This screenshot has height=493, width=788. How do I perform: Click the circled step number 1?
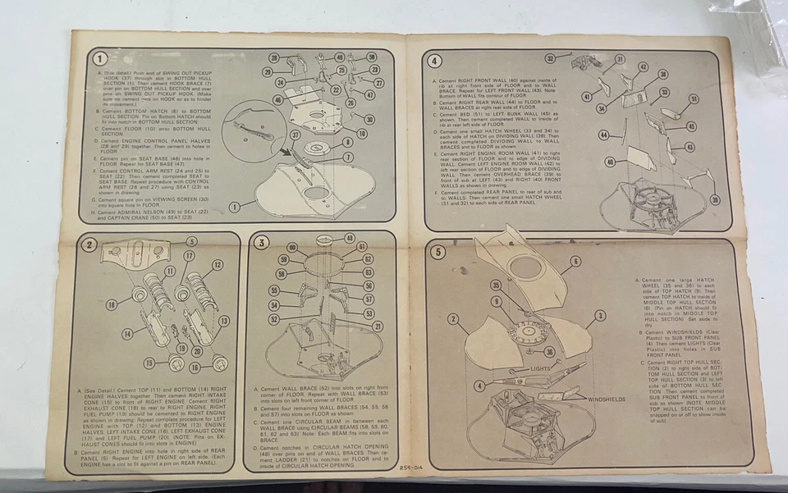pos(99,58)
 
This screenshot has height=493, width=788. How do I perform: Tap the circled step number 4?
pos(436,60)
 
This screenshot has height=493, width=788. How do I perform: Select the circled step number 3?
pos(261,242)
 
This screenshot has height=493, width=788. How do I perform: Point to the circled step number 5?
pos(438,252)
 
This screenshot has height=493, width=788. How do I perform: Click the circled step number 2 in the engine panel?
pos(91,244)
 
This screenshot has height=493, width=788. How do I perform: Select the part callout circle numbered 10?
pos(362,133)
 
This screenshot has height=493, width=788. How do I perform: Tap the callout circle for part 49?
pos(340,57)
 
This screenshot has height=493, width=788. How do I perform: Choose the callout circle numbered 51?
pos(694,99)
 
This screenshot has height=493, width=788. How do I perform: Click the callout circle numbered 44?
pos(603,135)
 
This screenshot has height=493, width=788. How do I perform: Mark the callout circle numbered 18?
pos(111,305)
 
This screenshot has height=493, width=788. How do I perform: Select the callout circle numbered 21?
pos(377,326)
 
